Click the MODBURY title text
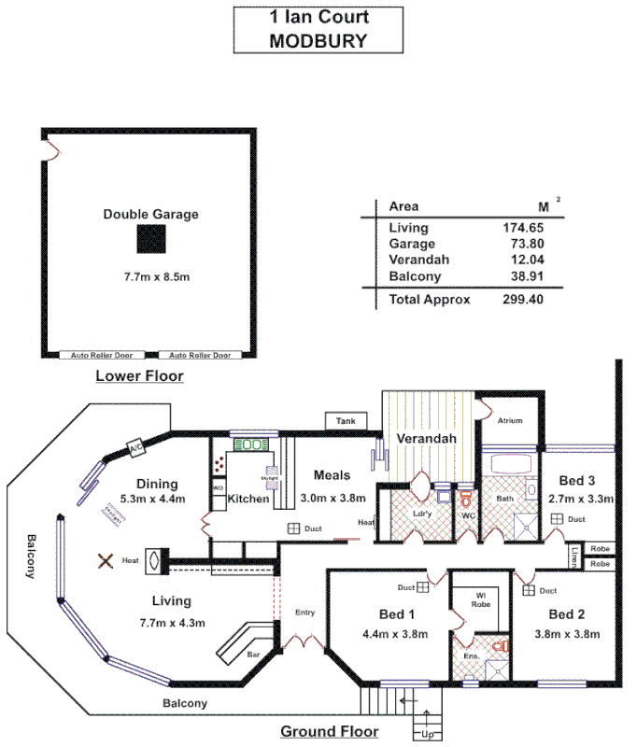(x=318, y=40)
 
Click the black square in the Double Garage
(x=151, y=240)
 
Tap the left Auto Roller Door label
(x=98, y=356)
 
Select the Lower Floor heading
(x=140, y=376)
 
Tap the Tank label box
(x=346, y=422)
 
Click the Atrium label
(x=509, y=421)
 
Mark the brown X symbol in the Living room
(x=106, y=560)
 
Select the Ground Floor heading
(x=330, y=731)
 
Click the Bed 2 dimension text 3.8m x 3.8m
(x=567, y=634)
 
